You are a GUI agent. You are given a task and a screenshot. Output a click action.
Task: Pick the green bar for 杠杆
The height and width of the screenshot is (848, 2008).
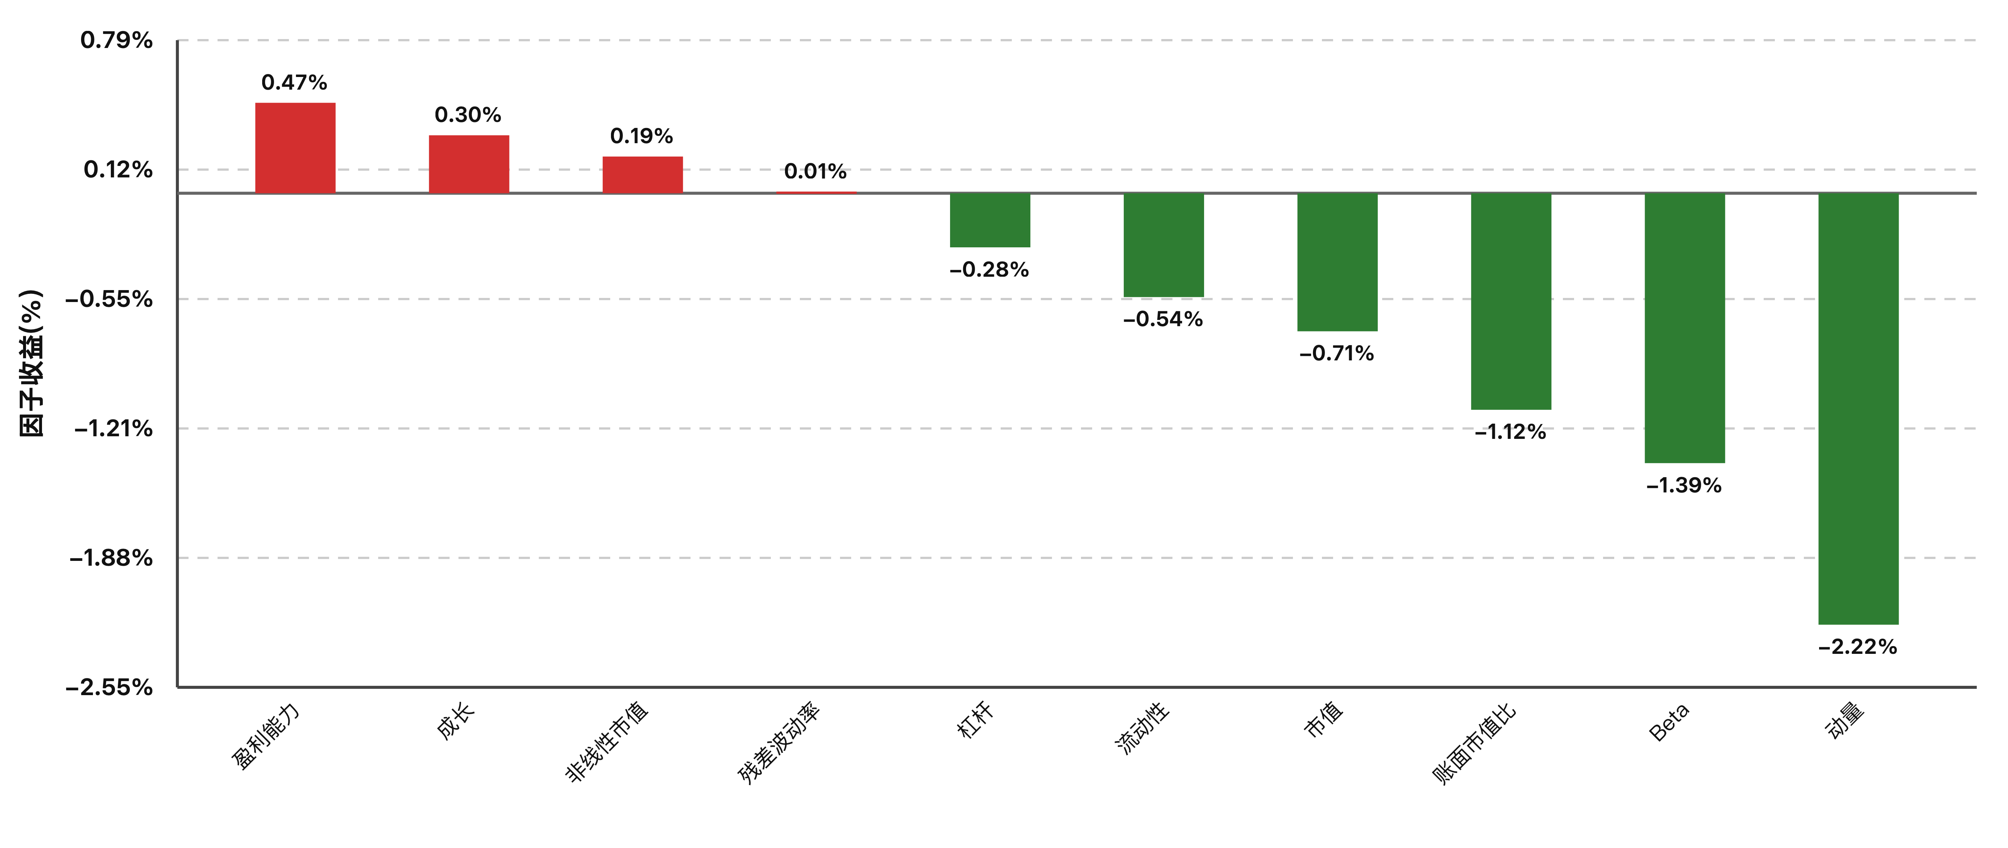(x=990, y=220)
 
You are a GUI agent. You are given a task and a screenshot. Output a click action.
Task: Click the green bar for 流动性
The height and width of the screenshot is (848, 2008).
(x=1164, y=245)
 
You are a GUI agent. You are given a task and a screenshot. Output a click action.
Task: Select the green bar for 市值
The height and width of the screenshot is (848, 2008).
(x=1338, y=262)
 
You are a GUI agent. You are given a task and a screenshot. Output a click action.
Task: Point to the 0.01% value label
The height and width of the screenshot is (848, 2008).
(x=815, y=171)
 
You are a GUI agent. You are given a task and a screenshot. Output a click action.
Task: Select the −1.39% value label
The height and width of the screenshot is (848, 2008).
(x=1684, y=486)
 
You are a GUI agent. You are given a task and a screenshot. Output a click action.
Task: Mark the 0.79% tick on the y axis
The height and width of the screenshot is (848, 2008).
(x=117, y=40)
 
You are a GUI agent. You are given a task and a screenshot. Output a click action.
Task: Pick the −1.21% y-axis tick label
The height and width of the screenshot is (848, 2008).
(x=114, y=429)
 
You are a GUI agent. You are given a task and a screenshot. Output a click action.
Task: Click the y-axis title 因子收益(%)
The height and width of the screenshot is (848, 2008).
(x=31, y=363)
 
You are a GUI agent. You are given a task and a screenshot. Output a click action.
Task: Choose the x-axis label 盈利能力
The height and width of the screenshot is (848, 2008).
(x=266, y=736)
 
